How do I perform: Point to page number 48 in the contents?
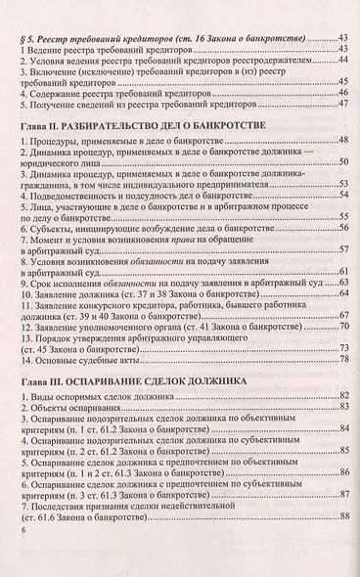[344, 143]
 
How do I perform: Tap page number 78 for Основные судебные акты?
[344, 361]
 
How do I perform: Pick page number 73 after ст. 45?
[344, 347]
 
